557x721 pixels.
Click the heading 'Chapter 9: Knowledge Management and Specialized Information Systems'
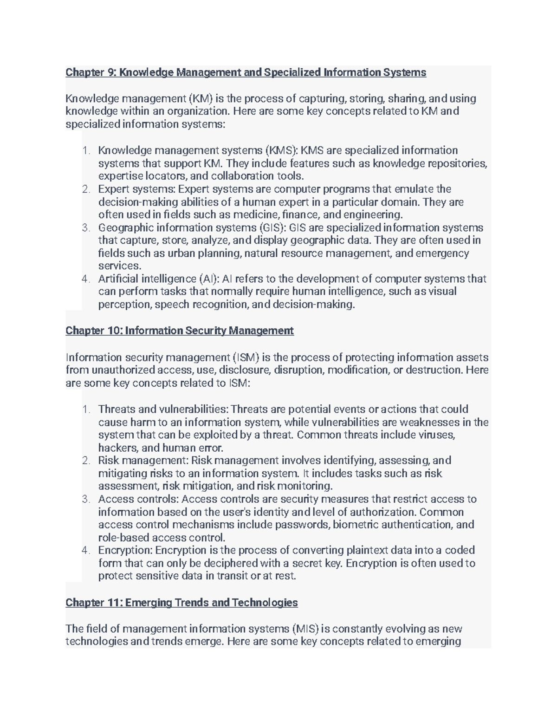246,72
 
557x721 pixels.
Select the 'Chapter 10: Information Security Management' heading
179,331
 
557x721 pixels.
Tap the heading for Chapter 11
181,603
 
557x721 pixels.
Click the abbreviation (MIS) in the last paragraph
305,629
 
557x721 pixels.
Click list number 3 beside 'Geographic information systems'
85,228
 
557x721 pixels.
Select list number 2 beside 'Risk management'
85,461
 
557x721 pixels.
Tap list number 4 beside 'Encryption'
85,551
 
